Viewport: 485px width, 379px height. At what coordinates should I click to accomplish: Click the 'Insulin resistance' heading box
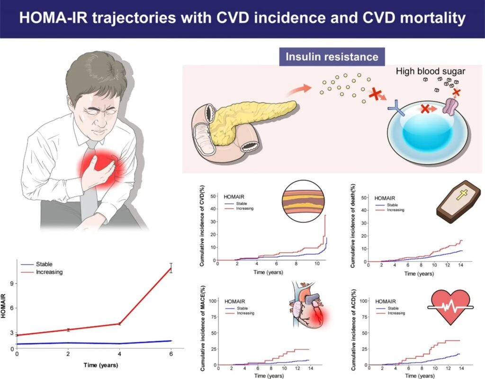(332, 57)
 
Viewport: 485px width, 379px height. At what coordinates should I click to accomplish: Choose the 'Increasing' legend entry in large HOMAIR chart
(49, 272)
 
